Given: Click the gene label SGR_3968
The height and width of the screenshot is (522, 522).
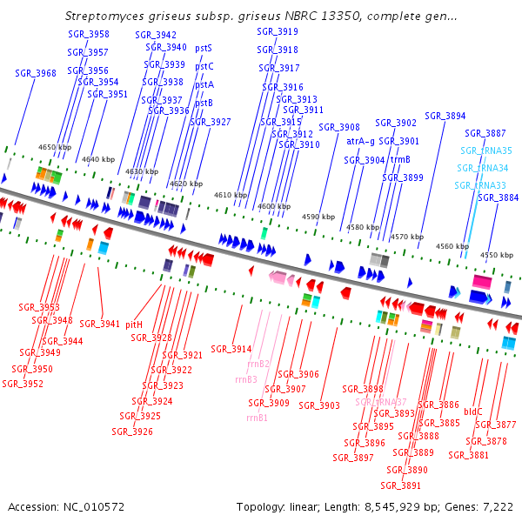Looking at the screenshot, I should (36, 74).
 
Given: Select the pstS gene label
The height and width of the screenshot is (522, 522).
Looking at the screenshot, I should (204, 48).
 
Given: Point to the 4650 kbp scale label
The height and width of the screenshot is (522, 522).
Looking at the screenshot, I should (55, 148).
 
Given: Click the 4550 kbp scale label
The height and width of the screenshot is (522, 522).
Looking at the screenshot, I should (496, 255).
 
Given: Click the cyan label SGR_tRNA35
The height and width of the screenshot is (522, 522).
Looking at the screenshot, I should (485, 151).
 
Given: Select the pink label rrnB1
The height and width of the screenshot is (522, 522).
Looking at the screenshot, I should (256, 418).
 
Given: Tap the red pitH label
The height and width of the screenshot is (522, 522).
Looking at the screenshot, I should (134, 324).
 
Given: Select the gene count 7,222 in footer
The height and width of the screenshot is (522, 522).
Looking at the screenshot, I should (498, 506).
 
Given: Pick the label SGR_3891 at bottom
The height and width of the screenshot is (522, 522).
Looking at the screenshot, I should (401, 485).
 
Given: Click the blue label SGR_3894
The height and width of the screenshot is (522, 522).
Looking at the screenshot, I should (445, 116).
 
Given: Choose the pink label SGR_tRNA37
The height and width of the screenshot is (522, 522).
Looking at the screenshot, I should (380, 402).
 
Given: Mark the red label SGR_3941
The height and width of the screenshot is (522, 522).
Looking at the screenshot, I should (100, 324).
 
